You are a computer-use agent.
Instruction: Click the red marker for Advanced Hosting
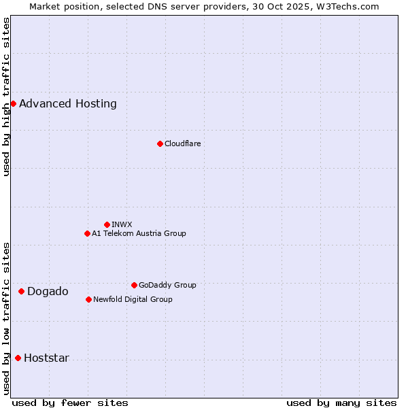point(13,103)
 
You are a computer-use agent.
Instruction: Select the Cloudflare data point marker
point(160,143)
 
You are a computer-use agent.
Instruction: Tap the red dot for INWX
point(107,224)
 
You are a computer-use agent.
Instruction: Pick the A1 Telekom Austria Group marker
point(87,233)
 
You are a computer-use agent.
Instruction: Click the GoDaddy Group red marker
point(134,285)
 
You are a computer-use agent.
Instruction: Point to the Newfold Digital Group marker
point(88,299)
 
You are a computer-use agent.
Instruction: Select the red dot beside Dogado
point(21,291)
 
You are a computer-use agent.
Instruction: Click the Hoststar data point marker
point(18,358)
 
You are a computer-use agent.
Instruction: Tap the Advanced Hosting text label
point(68,104)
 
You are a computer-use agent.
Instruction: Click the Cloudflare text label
point(182,143)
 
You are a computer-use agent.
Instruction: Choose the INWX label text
point(122,224)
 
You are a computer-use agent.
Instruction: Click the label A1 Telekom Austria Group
point(139,233)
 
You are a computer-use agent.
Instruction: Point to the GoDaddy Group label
point(167,285)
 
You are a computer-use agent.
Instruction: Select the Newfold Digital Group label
point(133,299)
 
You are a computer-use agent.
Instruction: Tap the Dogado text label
point(48,292)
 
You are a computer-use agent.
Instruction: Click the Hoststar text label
point(46,358)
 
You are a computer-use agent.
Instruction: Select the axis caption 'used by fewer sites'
point(70,403)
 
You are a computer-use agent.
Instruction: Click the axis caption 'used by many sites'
point(341,403)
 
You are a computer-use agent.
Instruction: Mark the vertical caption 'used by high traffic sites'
point(6,97)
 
